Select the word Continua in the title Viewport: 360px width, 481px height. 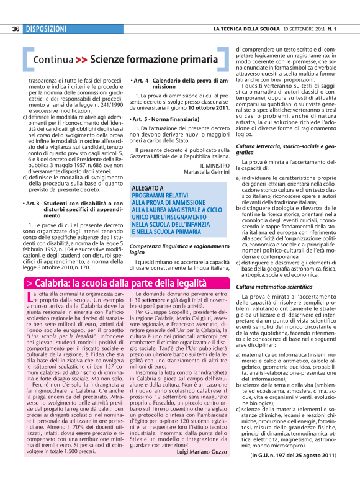[x=54, y=60]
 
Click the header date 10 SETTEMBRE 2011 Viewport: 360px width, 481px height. [x=304, y=29]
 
